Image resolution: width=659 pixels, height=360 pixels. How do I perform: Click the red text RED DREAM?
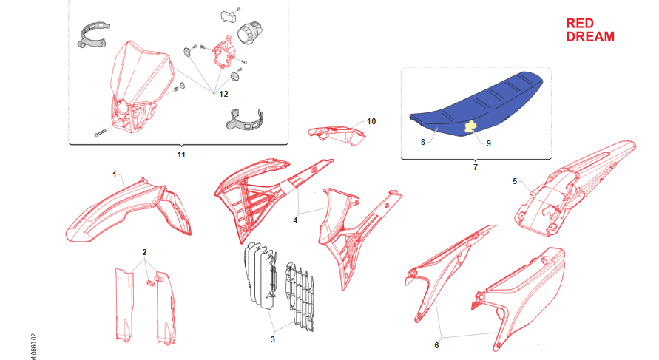[589, 30]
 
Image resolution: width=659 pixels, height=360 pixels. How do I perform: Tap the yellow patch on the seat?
[470, 127]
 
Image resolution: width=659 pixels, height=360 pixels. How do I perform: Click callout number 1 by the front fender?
[115, 174]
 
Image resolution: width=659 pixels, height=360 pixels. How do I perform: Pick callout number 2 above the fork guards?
[144, 252]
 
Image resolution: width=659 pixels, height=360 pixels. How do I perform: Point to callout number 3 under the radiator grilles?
[273, 339]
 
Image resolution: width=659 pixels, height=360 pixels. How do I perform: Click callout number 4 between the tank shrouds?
[295, 220]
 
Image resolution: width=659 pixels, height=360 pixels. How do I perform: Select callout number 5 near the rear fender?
[515, 181]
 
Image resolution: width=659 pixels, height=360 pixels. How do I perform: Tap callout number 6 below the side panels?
[436, 345]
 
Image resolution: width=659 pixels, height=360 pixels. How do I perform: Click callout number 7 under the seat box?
[476, 167]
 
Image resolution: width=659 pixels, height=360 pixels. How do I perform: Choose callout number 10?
[371, 121]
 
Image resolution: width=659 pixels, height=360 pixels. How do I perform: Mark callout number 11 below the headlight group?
[181, 154]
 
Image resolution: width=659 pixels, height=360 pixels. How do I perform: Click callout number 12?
[223, 94]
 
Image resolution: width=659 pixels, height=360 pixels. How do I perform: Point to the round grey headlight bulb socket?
[251, 32]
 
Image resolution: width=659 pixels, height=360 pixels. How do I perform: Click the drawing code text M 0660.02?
[33, 347]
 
